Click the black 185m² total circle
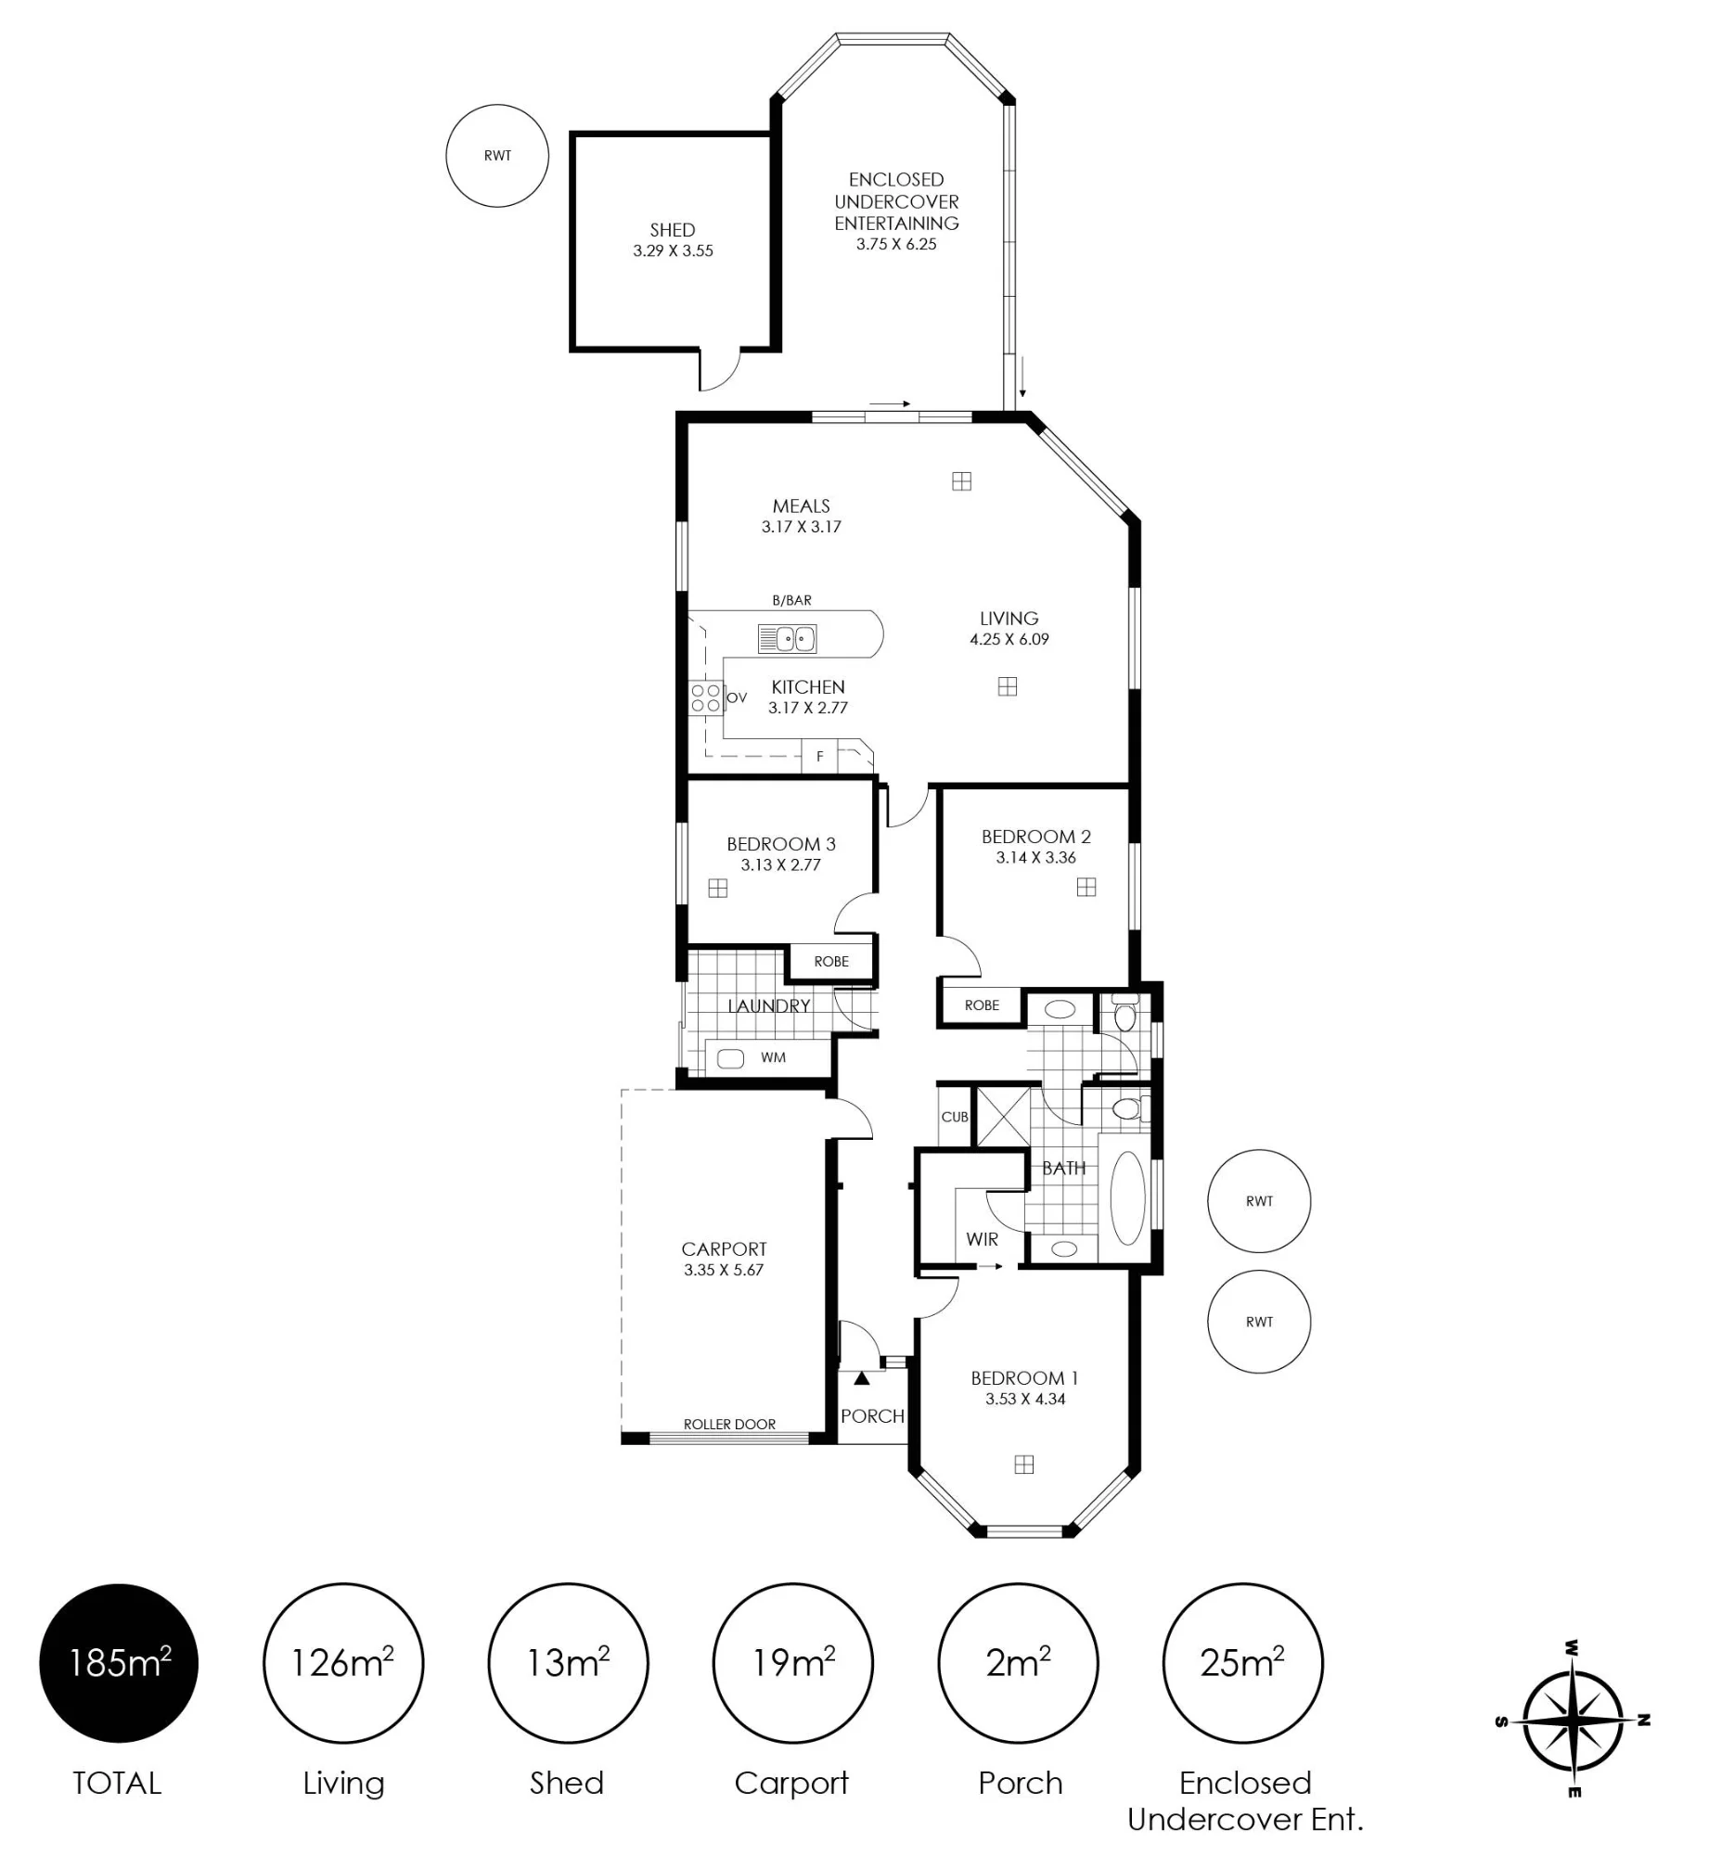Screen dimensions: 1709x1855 point(119,1663)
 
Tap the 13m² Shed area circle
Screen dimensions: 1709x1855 point(568,1663)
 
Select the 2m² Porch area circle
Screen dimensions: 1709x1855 point(1018,1663)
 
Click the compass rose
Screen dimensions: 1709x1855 point(1574,1721)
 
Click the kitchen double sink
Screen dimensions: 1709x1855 point(788,639)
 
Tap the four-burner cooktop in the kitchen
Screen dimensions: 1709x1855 point(706,698)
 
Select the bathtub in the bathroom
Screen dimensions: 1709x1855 point(1127,1197)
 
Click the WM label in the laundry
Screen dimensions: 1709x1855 point(773,1057)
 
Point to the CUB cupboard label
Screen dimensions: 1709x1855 point(955,1117)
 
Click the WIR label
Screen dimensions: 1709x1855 point(982,1239)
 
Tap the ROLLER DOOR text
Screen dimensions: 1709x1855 point(729,1424)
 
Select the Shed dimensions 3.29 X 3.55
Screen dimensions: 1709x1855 point(673,250)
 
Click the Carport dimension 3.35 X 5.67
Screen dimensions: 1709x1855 point(724,1270)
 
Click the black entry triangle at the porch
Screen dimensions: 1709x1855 point(862,1378)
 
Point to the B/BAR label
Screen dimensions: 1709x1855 point(791,600)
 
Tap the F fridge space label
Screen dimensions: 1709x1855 point(820,757)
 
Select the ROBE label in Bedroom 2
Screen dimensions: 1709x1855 point(982,1005)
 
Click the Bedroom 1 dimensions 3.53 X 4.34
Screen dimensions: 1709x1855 point(1025,1399)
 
